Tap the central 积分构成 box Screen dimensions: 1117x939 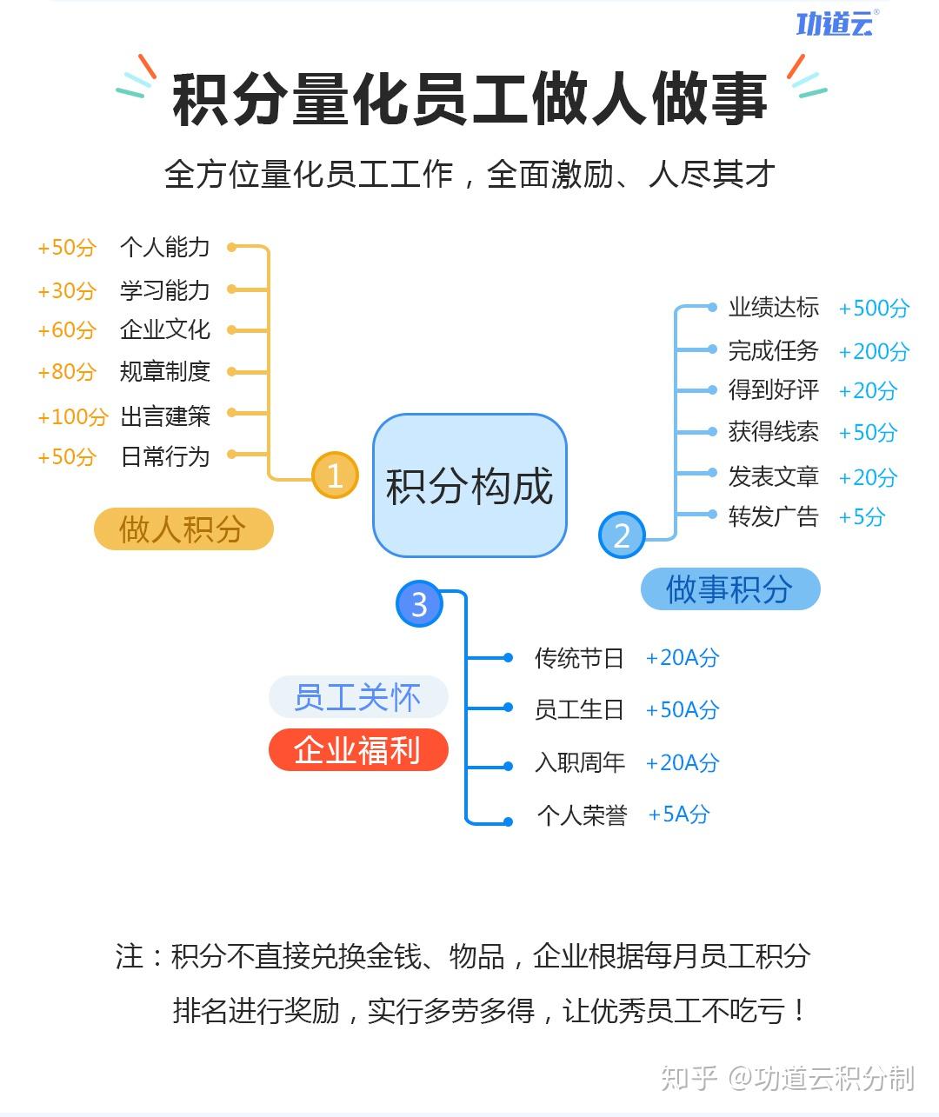pos(469,486)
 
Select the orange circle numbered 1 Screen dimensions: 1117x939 pos(335,475)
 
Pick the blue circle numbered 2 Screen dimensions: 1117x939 pos(622,535)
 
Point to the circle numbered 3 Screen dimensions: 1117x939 pos(419,604)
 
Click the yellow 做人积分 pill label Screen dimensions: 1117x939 pos(183,529)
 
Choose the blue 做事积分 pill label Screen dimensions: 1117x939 pos(729,589)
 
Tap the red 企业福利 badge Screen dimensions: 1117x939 pos(357,750)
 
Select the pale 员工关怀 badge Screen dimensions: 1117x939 pos(357,697)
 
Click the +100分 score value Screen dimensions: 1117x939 pos(72,416)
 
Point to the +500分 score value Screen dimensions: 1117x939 pos(873,309)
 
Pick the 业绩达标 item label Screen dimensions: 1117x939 pos(773,308)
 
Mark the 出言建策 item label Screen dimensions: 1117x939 pos(165,416)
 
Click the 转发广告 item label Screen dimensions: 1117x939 pos(773,517)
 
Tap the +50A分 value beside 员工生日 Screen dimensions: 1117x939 pos(682,710)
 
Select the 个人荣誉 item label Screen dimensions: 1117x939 pos(582,815)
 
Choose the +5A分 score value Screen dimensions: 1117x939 pos(678,814)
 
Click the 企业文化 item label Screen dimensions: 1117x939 pos(165,330)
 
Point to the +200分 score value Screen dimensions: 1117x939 pos(873,351)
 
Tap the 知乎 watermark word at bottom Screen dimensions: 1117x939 pos(689,1079)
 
